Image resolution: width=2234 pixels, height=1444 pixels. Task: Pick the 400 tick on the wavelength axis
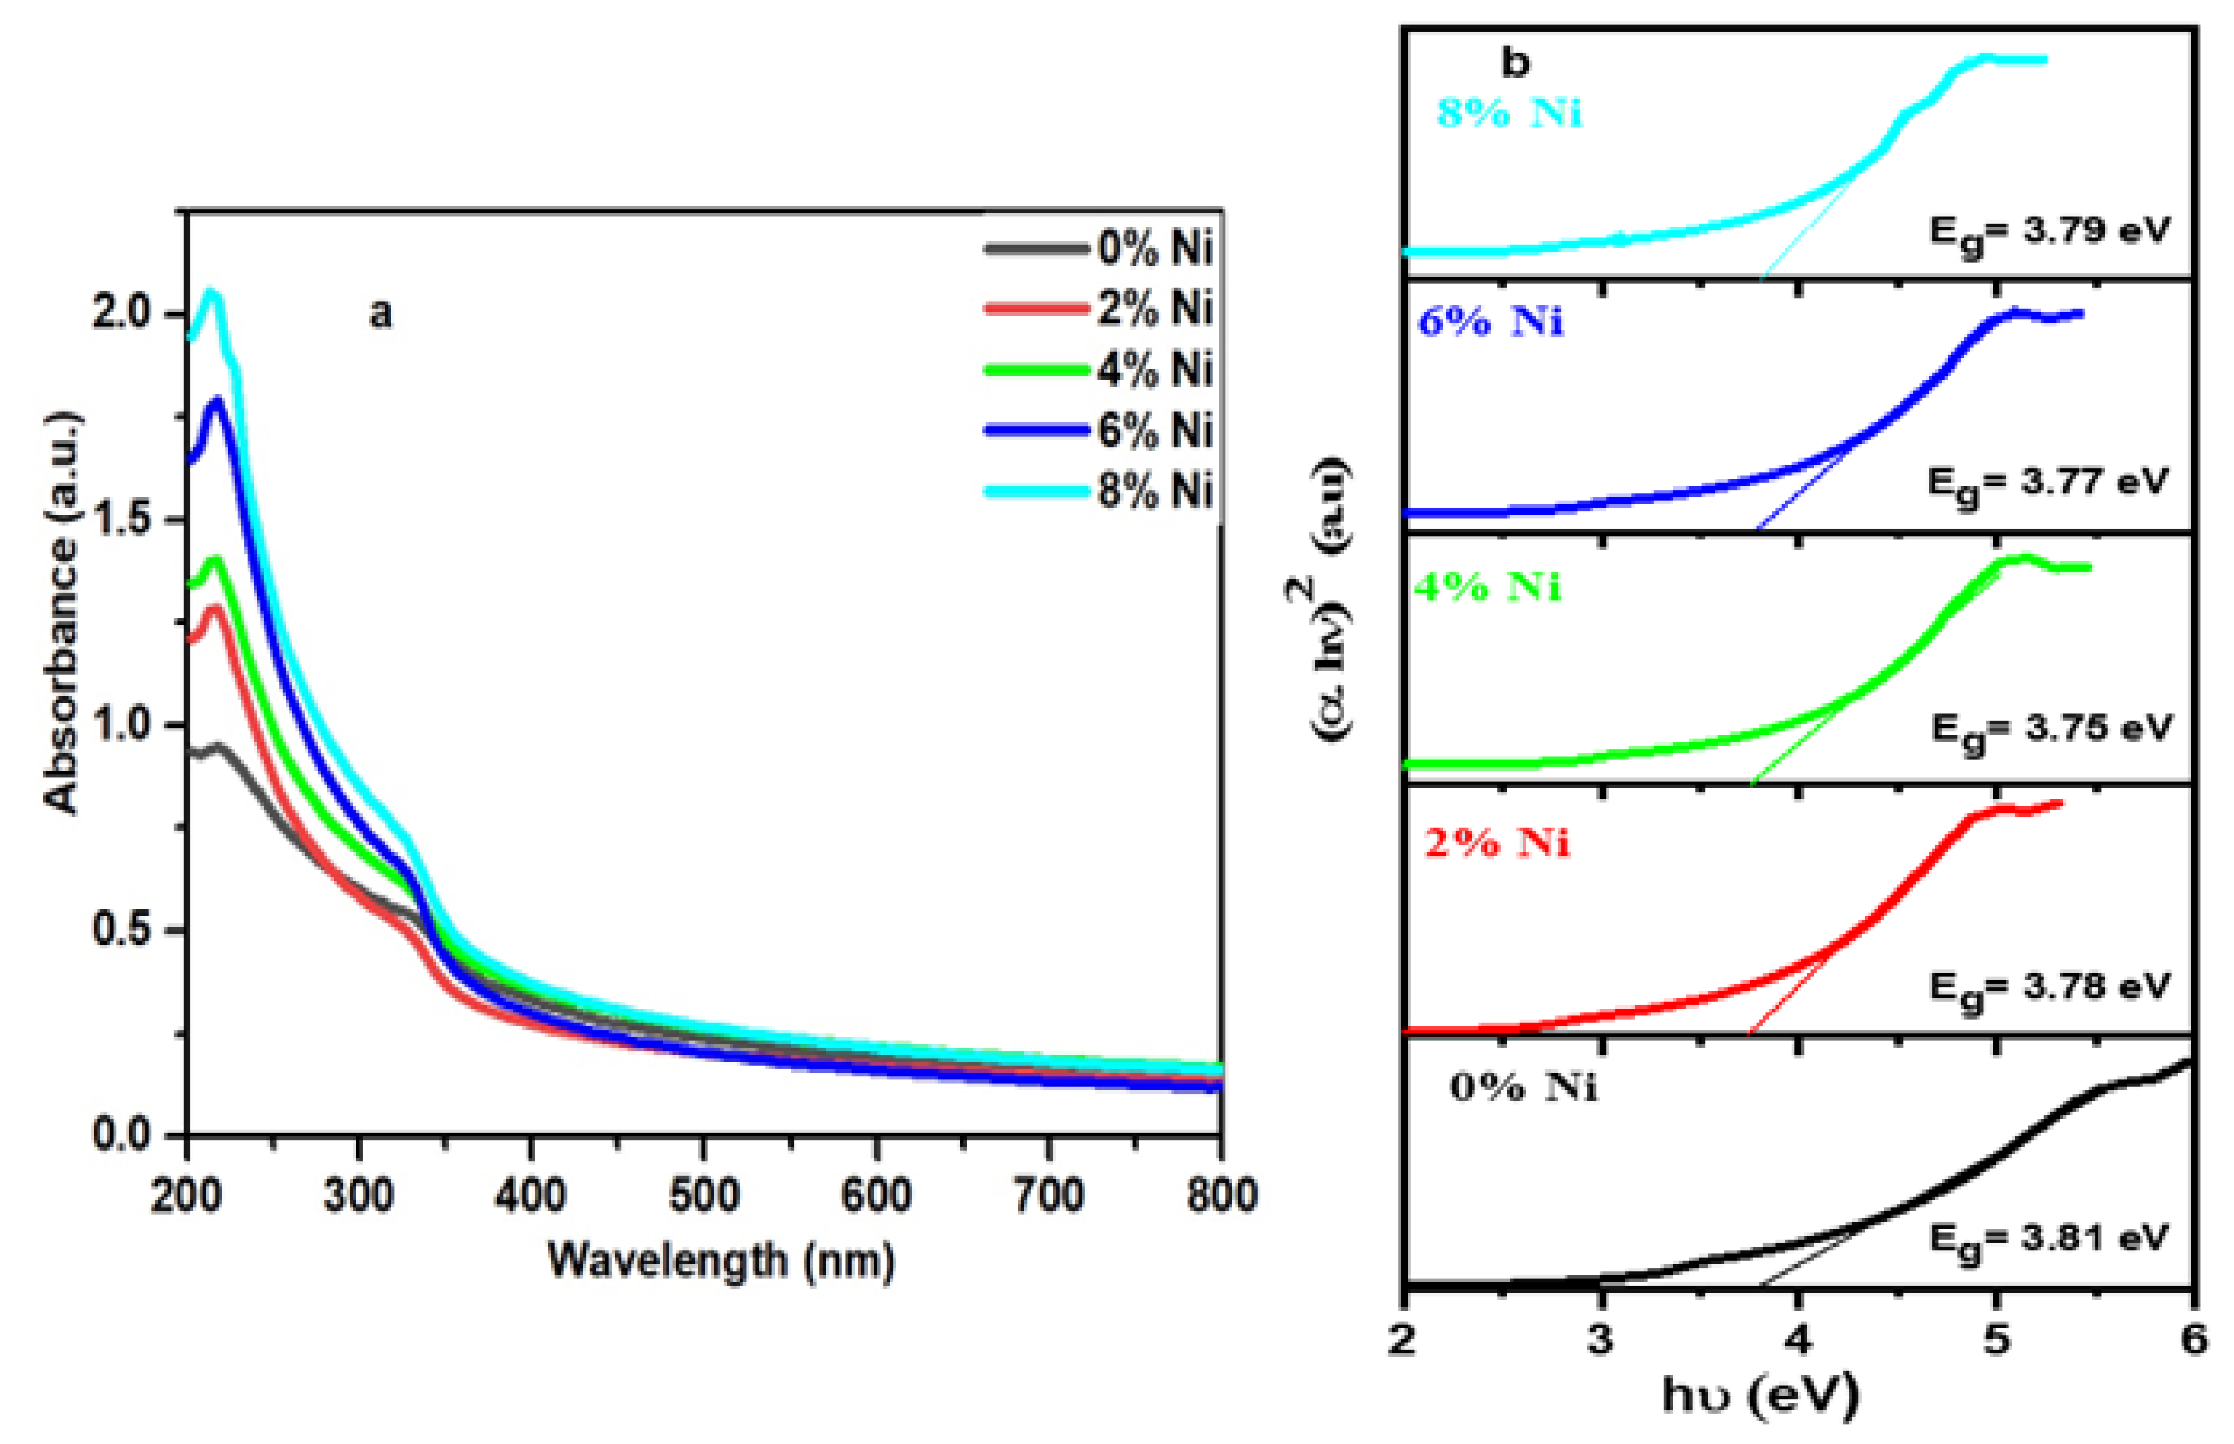[532, 1196]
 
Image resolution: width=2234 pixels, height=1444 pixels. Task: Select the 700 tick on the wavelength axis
[1048, 1196]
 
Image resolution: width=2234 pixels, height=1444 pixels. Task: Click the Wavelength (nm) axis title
[720, 1260]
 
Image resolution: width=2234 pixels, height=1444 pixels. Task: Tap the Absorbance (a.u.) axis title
[62, 612]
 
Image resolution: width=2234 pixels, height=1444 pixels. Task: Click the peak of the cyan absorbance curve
[212, 292]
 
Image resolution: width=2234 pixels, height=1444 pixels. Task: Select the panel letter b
[1515, 64]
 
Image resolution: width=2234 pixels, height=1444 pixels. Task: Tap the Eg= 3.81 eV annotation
[2050, 1240]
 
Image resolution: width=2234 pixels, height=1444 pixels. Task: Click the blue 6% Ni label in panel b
[1490, 323]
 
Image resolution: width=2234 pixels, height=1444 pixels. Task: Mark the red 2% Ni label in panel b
[1496, 843]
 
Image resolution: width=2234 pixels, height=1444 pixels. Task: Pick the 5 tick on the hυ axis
[1997, 1339]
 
